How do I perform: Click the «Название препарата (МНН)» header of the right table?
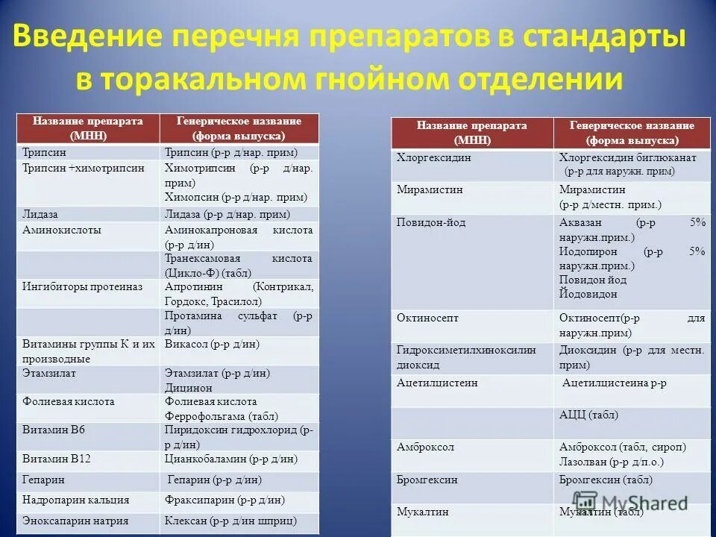(x=471, y=132)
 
